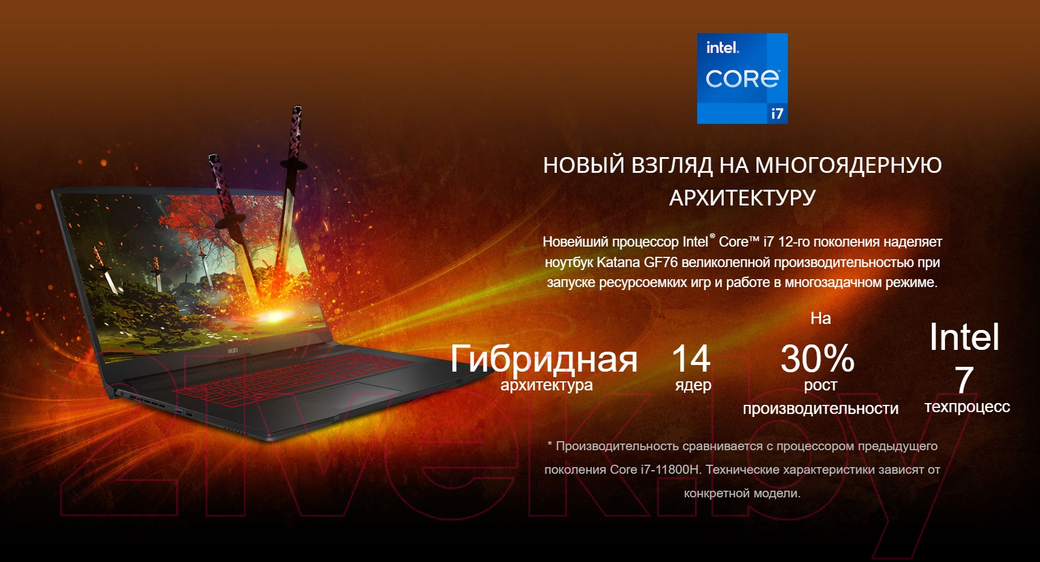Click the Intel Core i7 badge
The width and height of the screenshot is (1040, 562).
(x=742, y=79)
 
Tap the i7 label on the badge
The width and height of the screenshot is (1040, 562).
(x=777, y=114)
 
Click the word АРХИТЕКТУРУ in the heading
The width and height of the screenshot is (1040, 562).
(x=742, y=198)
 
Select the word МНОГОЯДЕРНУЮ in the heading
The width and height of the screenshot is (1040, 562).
(x=848, y=165)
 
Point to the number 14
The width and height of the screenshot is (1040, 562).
(x=691, y=358)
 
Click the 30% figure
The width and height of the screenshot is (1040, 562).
(x=817, y=358)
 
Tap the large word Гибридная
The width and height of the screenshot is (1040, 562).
(x=544, y=359)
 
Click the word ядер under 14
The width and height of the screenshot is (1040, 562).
(x=693, y=385)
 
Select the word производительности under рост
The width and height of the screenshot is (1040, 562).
(x=821, y=409)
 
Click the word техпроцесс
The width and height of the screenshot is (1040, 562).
(x=967, y=407)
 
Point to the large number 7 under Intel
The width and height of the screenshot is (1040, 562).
(x=964, y=380)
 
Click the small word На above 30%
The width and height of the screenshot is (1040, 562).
(x=821, y=318)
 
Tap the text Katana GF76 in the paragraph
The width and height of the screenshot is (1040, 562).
(x=637, y=262)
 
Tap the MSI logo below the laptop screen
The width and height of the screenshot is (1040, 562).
(x=232, y=350)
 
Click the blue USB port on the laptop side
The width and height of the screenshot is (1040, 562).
(x=178, y=412)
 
